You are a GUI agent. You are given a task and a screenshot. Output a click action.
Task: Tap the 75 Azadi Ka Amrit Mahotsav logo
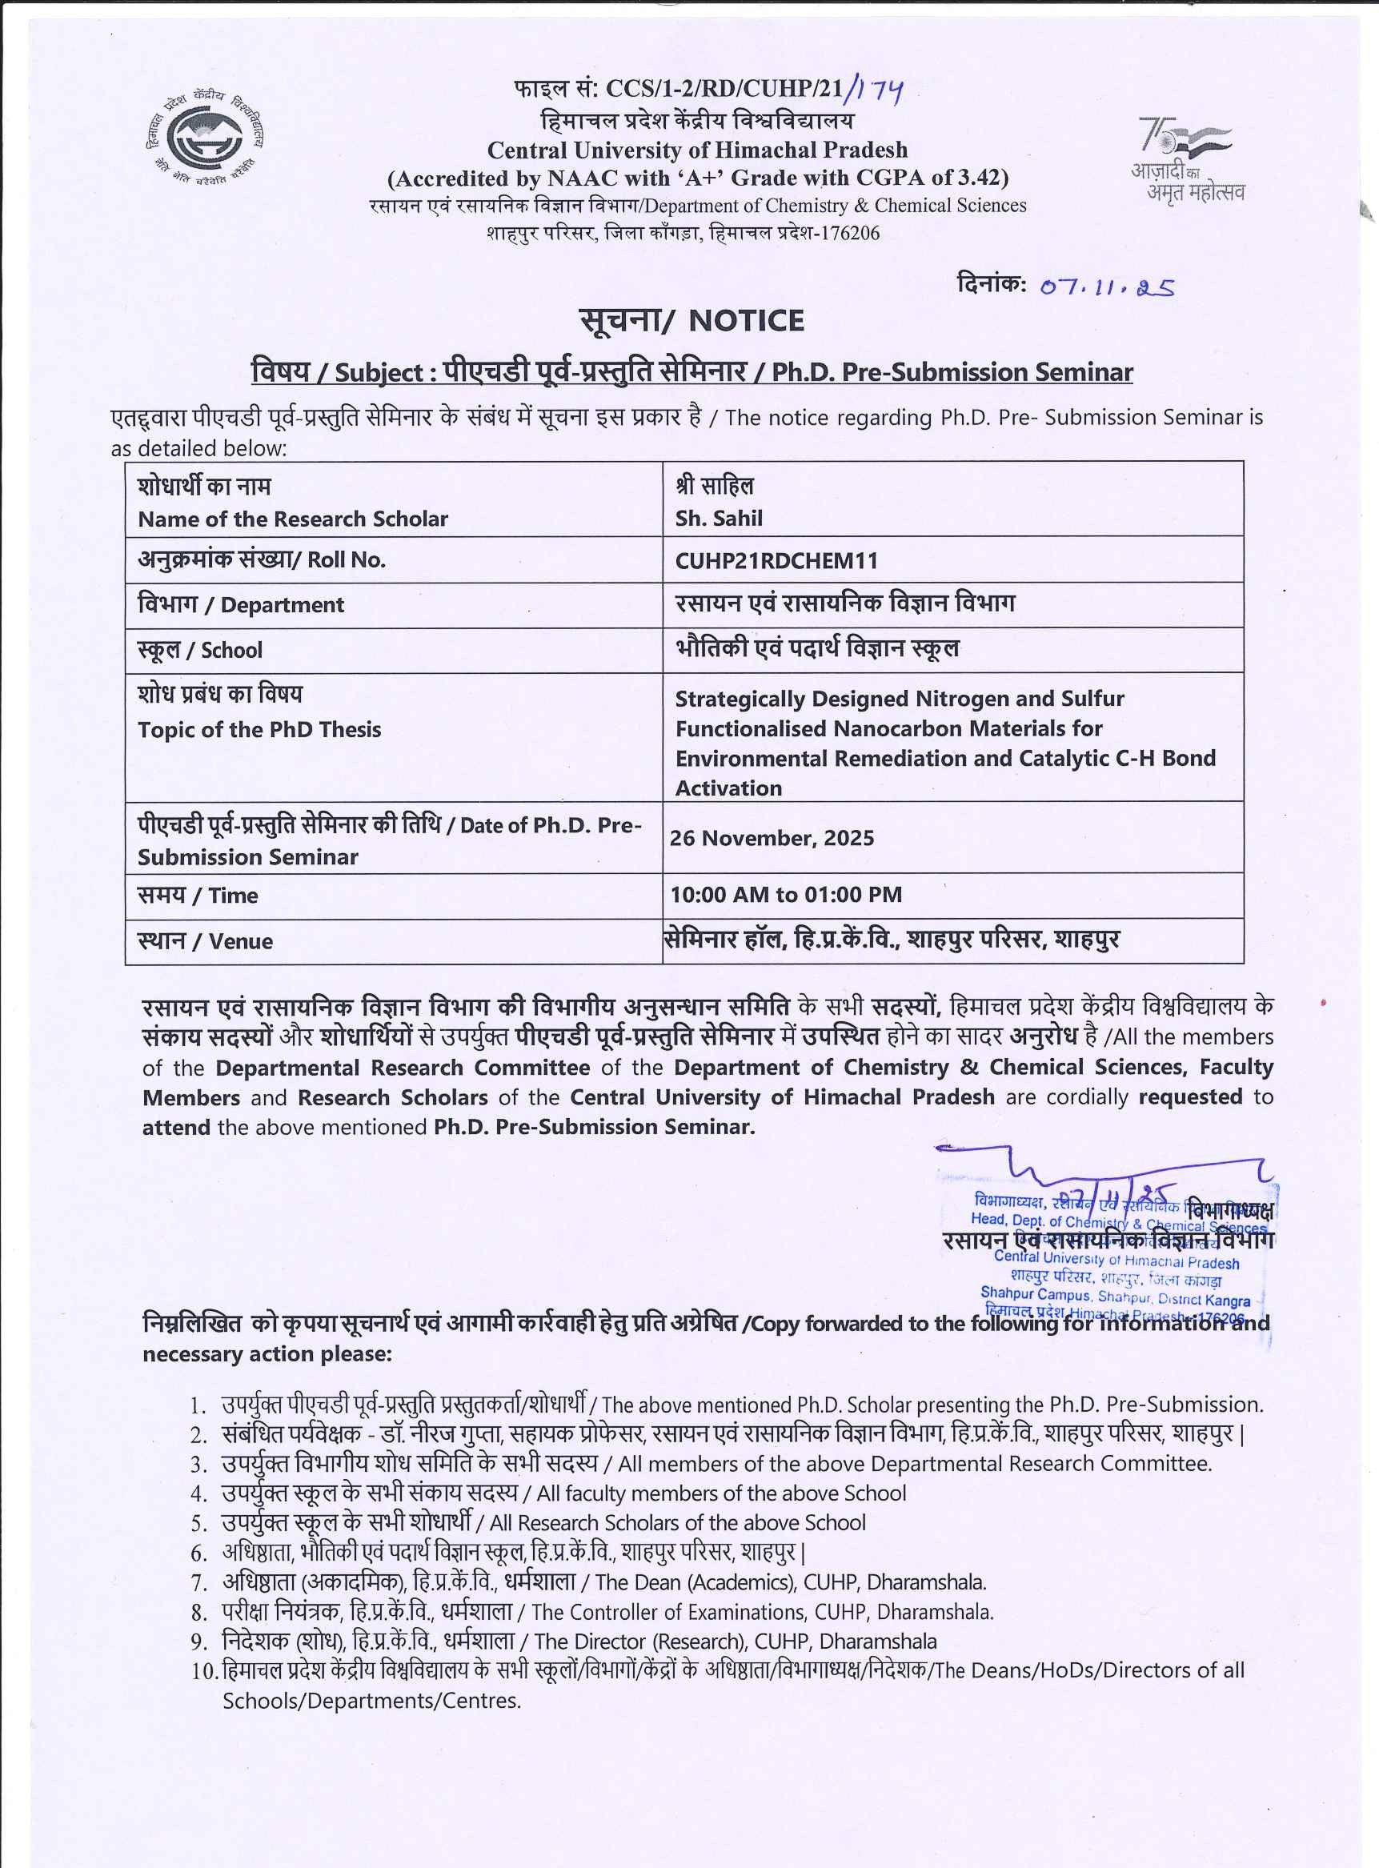point(1186,158)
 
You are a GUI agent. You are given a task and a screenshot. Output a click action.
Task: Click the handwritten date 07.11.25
point(1107,287)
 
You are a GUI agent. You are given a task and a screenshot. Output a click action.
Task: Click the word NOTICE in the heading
point(746,320)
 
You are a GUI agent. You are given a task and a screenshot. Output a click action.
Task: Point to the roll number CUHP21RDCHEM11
point(776,561)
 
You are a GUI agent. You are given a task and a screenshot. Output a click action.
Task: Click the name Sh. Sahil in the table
point(719,519)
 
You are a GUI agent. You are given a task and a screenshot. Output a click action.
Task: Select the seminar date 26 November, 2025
point(772,838)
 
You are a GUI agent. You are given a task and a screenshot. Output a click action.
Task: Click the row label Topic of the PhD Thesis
point(259,729)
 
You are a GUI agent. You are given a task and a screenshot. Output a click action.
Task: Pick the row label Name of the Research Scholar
point(292,519)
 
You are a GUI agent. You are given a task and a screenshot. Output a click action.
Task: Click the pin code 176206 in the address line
point(850,233)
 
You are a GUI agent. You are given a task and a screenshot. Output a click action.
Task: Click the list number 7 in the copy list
point(198,1582)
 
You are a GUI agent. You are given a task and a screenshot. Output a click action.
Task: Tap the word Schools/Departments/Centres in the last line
point(371,1700)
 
